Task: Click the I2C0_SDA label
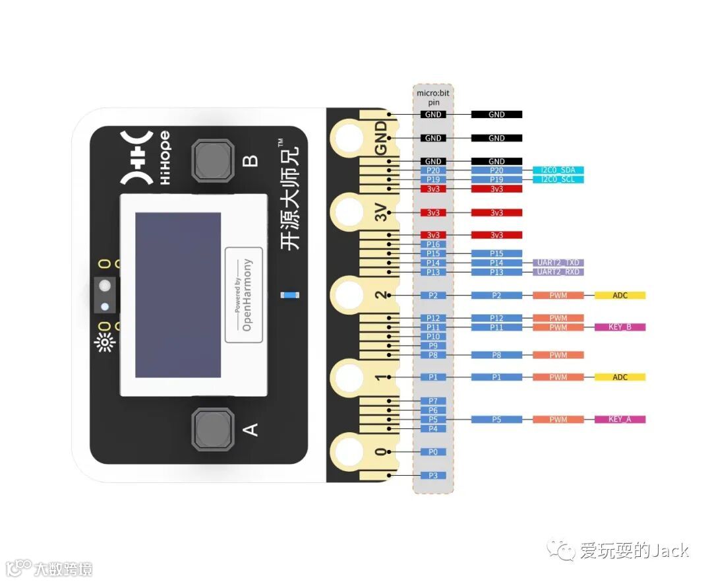(x=558, y=170)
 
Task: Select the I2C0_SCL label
(x=558, y=179)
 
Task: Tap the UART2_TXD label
(x=558, y=263)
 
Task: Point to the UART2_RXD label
(x=558, y=272)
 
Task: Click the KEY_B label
(x=620, y=327)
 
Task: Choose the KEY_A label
(x=620, y=420)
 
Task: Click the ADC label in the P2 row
(x=620, y=296)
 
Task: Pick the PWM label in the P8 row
(x=558, y=355)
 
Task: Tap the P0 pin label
(x=433, y=452)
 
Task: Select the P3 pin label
(x=433, y=476)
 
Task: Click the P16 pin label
(x=433, y=244)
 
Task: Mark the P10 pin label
(x=433, y=337)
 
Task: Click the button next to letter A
(x=212, y=428)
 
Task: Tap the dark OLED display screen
(x=178, y=295)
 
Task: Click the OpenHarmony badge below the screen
(x=243, y=295)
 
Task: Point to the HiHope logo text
(x=164, y=158)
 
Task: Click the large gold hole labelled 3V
(x=347, y=212)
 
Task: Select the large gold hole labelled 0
(x=347, y=452)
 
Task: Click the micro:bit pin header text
(x=433, y=97)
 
